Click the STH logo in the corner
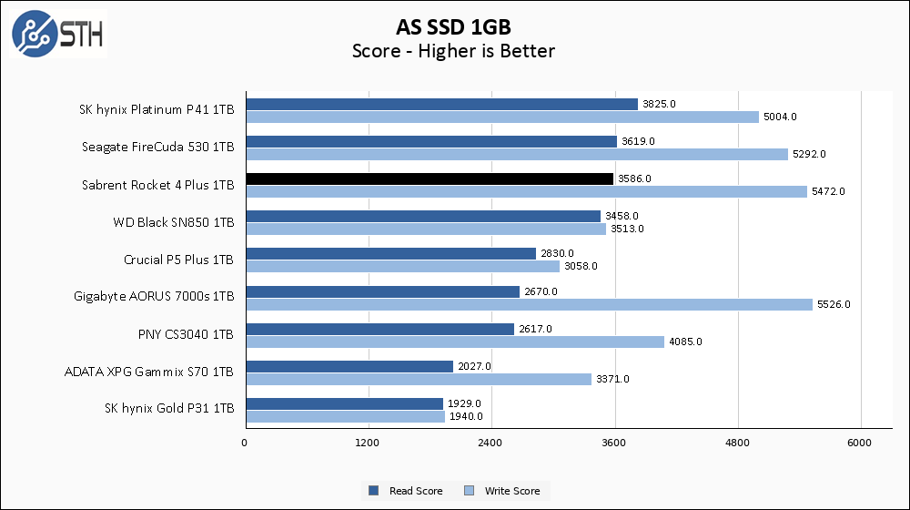coord(56,34)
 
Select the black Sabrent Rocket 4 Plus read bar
coord(429,178)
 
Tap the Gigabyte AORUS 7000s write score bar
coord(528,304)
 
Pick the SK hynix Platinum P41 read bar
coord(441,104)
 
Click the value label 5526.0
coord(834,304)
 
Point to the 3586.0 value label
coord(634,178)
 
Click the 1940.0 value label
coord(466,416)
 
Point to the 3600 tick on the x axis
coord(615,443)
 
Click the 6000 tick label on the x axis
coord(861,443)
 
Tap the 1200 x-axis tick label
coord(368,443)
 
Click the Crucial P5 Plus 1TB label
coord(178,260)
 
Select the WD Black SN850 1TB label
coord(174,222)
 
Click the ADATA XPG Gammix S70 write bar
coord(418,379)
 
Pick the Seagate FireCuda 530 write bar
coord(516,154)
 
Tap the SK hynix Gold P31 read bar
coord(343,403)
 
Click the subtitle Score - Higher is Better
coord(453,51)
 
